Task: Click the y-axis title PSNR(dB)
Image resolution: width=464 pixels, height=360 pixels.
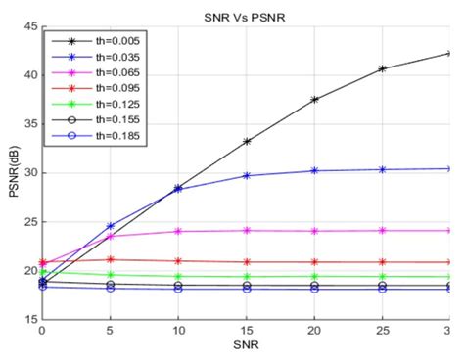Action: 12,172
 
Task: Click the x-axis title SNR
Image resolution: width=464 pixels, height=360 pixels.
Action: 245,349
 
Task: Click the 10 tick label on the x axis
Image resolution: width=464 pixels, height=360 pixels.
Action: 178,332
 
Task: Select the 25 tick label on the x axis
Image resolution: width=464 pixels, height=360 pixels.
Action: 382,332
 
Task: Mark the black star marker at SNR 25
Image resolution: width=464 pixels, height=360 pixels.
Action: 382,68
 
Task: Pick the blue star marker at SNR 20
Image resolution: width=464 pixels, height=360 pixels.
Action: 314,170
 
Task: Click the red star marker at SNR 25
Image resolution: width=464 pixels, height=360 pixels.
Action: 382,262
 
